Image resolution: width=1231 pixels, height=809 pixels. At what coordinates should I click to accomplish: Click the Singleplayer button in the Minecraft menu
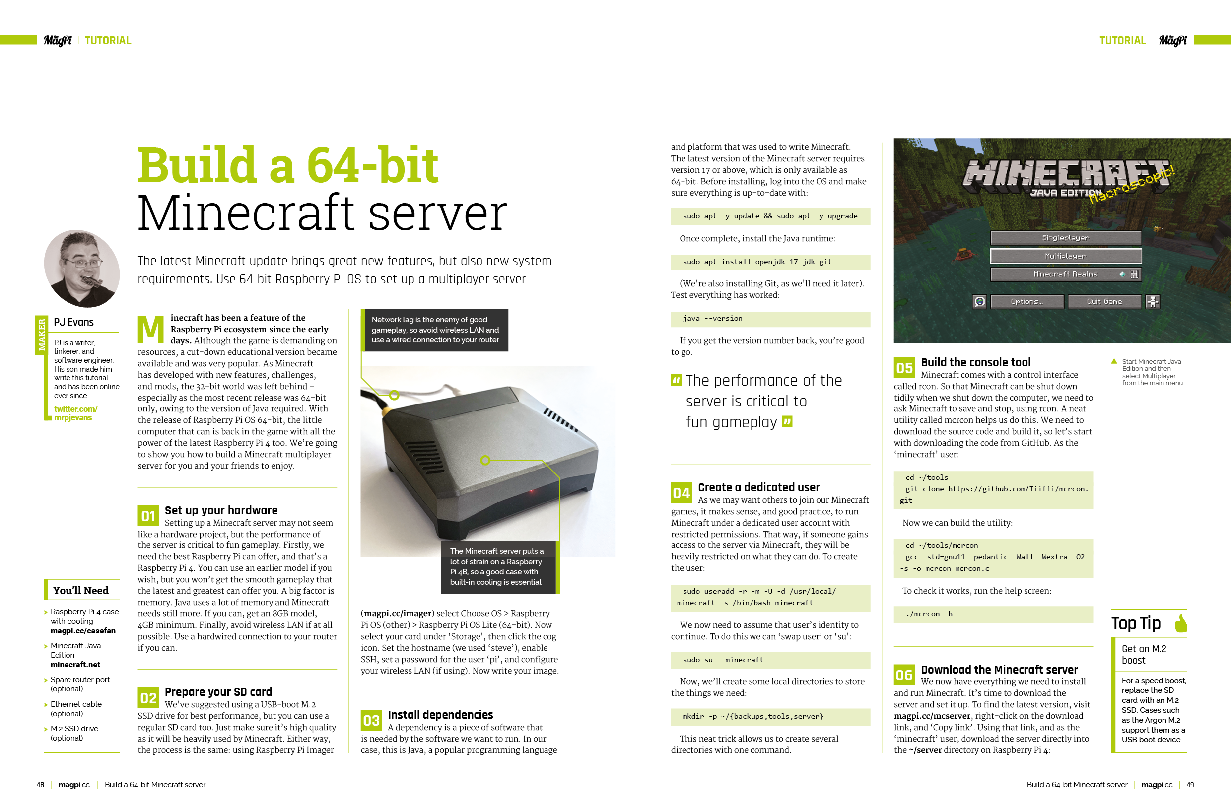tap(1065, 238)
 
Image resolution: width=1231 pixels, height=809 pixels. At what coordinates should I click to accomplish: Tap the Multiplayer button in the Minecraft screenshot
tap(1065, 256)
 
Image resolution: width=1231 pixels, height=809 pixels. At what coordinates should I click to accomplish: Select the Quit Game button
tap(1104, 302)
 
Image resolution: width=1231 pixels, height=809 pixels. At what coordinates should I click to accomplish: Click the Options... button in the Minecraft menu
tap(1026, 302)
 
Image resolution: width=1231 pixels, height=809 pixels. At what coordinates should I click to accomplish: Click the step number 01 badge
tap(148, 516)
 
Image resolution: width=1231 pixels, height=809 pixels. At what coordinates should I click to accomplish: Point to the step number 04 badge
tap(681, 493)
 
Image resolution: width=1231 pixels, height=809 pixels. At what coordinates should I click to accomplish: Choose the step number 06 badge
tap(904, 675)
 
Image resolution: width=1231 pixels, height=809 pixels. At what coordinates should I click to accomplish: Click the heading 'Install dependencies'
tap(440, 714)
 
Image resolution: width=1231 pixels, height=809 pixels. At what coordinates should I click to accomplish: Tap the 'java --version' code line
tap(712, 319)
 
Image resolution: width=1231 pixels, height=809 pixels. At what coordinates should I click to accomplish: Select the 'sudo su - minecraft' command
tap(723, 660)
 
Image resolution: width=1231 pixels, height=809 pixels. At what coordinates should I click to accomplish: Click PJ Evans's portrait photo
tap(82, 269)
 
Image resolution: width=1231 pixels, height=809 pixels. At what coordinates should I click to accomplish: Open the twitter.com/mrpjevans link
tap(75, 413)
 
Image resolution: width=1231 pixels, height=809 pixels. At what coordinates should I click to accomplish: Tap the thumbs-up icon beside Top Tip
tap(1181, 623)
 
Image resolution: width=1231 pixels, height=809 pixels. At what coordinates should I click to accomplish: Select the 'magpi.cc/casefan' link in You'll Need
tap(83, 630)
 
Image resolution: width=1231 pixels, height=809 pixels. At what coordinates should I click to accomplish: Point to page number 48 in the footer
tap(40, 785)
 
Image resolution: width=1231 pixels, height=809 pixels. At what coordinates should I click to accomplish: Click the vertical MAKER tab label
tap(41, 334)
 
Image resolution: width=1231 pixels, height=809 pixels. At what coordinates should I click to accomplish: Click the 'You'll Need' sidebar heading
tap(81, 590)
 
